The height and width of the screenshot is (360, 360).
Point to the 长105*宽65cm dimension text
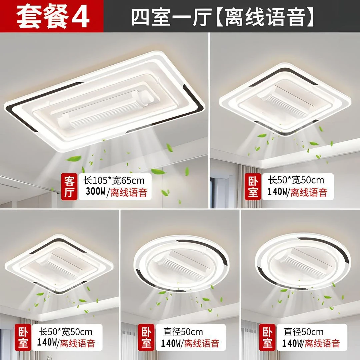pyautogui.click(x=114, y=181)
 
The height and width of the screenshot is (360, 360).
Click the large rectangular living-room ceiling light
pyautogui.click(x=103, y=100)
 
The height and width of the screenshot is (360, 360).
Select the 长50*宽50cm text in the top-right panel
pyautogui.click(x=296, y=180)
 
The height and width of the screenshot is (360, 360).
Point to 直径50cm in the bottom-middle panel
pyautogui.click(x=183, y=332)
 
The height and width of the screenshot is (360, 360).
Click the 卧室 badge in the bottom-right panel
pyautogui.click(x=267, y=337)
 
